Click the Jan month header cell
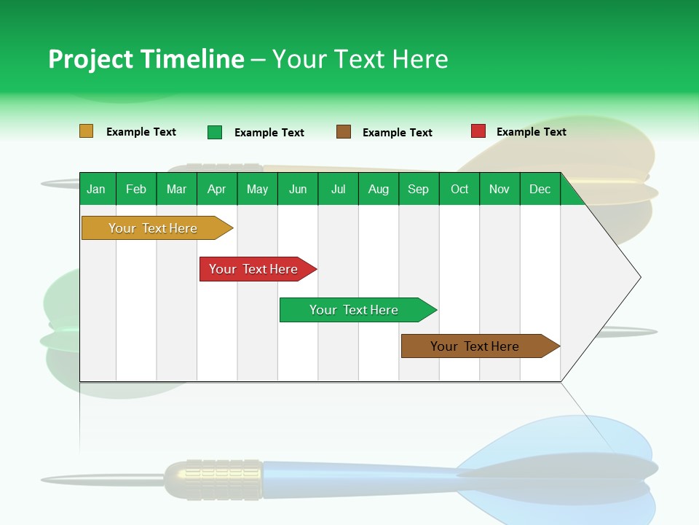pos(97,189)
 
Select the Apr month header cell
pos(217,189)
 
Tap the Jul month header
pos(338,189)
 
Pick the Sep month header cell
pos(419,189)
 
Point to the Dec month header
pos(540,189)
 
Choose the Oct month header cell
pos(459,189)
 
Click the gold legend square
pos(87,131)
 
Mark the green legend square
pos(215,132)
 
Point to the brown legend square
pos(344,132)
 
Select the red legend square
pos(478,131)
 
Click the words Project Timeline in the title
pos(146,59)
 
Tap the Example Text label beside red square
pos(531,132)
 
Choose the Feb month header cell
pos(136,189)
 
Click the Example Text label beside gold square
pos(141,132)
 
